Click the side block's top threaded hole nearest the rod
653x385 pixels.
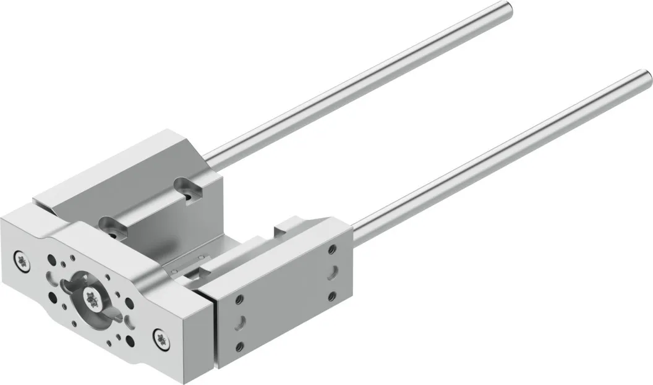(333, 249)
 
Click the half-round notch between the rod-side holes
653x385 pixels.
(333, 272)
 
